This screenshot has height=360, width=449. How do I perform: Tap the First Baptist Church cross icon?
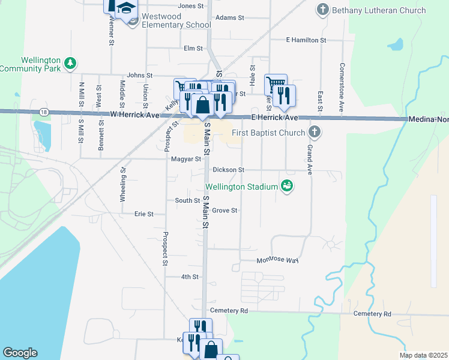(313, 131)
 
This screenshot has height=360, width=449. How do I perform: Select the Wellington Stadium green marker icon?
(287, 186)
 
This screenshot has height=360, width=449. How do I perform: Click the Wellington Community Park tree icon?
(70, 62)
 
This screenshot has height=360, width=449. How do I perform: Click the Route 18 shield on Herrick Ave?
(44, 112)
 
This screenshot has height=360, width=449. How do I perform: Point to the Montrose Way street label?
(277, 260)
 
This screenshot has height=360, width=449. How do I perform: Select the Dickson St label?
(228, 170)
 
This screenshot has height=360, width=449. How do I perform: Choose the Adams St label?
(229, 18)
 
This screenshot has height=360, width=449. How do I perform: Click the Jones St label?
(191, 6)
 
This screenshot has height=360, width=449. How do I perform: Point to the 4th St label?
(190, 277)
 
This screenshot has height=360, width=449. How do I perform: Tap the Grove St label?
(225, 211)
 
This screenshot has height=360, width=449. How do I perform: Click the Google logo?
(20, 353)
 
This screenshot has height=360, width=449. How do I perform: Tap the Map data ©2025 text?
(424, 355)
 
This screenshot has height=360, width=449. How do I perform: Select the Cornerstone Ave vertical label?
(342, 88)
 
